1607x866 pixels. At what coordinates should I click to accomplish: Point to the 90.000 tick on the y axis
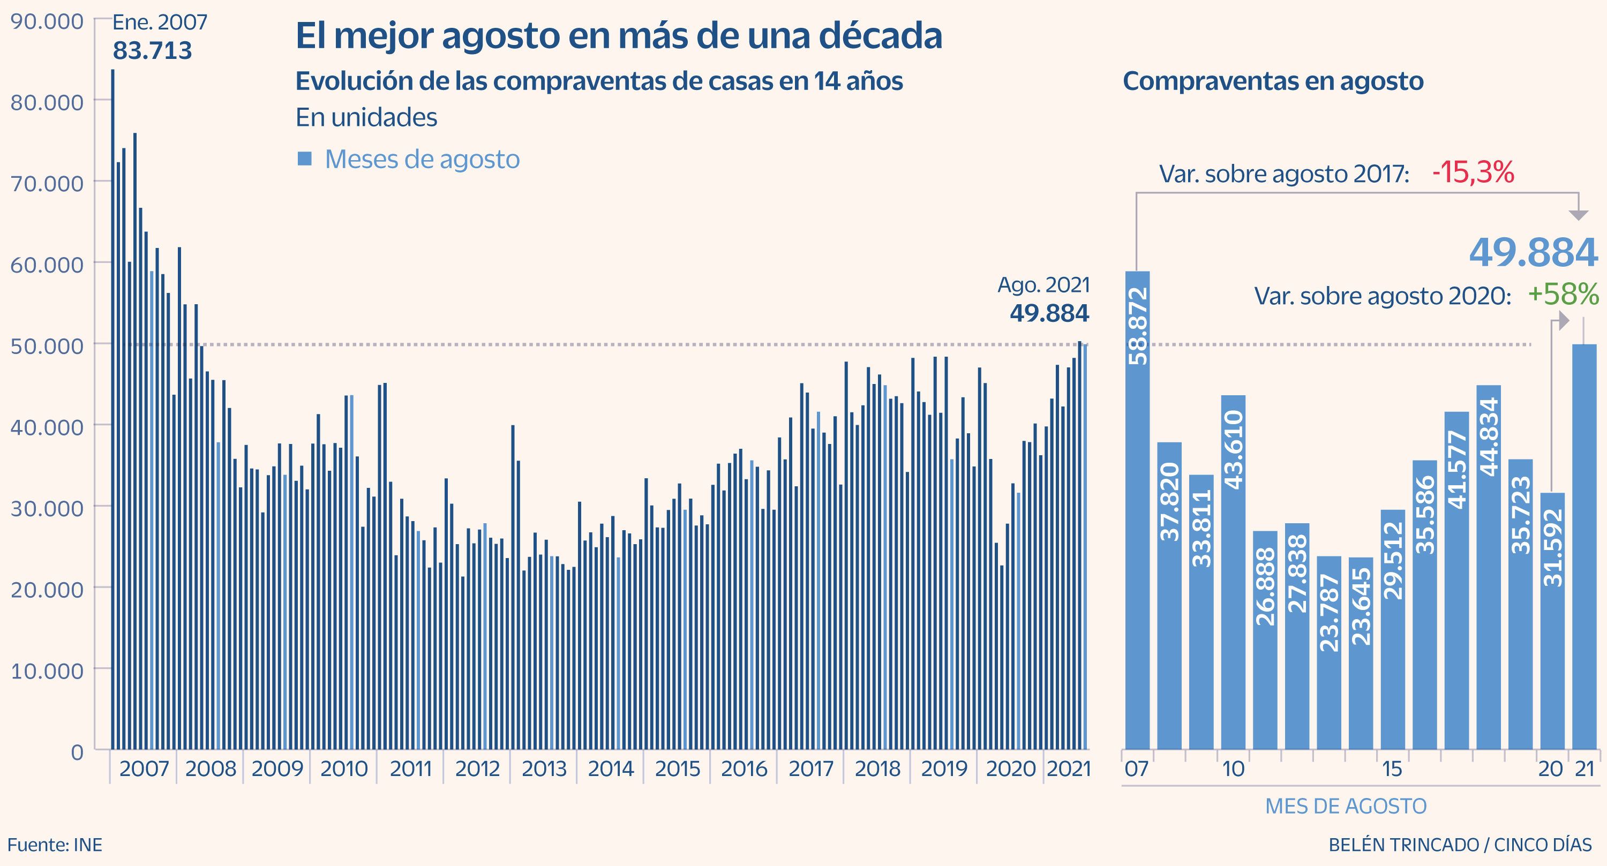click(x=47, y=22)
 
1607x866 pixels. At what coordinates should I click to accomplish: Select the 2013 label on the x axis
click(x=544, y=769)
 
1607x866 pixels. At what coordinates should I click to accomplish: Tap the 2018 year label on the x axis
click(x=877, y=769)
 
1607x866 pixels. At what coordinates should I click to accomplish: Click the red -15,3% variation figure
click(x=1473, y=173)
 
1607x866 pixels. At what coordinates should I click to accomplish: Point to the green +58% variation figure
click(x=1563, y=295)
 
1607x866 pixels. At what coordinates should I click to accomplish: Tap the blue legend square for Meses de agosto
click(x=304, y=159)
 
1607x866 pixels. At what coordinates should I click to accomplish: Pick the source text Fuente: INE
click(x=55, y=845)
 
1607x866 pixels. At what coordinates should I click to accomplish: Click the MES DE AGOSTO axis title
click(x=1346, y=806)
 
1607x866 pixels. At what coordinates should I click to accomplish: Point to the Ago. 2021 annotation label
click(x=1043, y=285)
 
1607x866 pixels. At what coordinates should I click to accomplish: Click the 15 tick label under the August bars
click(x=1392, y=769)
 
